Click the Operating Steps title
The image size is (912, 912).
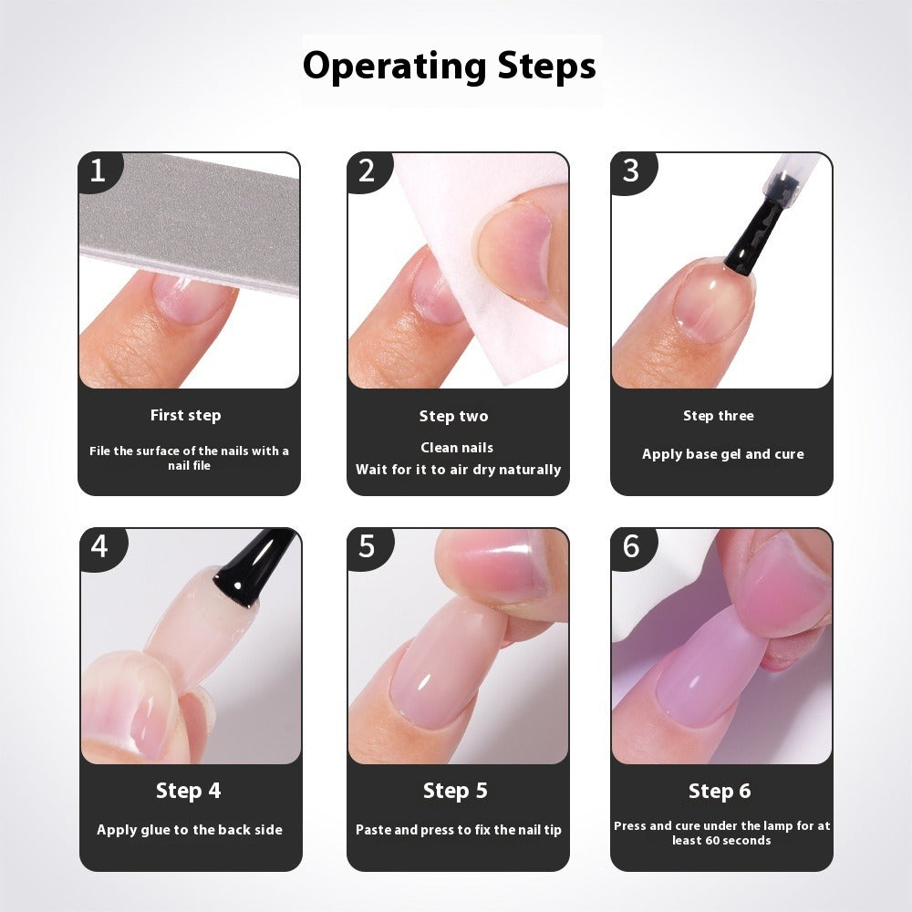[450, 67]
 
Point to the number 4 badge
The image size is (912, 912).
[99, 546]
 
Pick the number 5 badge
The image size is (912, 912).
[367, 546]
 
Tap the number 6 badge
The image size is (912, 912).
[630, 546]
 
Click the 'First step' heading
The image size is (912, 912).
[185, 415]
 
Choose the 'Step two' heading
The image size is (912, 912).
[453, 416]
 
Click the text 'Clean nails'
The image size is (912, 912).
[457, 448]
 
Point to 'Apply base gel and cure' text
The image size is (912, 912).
[722, 454]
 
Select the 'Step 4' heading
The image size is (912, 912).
[188, 791]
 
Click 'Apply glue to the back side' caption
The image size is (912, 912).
[190, 830]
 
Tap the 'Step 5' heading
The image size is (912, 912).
[455, 791]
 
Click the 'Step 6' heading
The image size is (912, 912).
[720, 791]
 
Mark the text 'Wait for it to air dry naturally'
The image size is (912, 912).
[458, 470]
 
